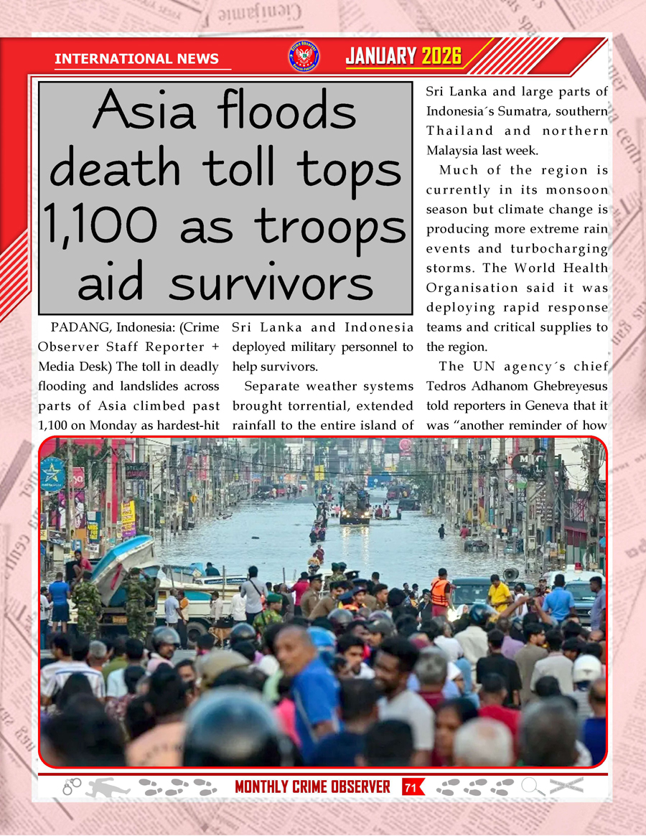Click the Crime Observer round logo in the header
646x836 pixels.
click(x=304, y=57)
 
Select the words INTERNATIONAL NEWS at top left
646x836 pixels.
click(x=136, y=59)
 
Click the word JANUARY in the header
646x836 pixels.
click(x=381, y=57)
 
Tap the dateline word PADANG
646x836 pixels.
click(x=78, y=328)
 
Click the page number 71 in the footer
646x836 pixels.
click(x=411, y=787)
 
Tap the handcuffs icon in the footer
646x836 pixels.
click(x=72, y=786)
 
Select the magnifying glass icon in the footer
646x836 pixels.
click(x=533, y=786)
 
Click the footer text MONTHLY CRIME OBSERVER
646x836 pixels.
click(x=312, y=787)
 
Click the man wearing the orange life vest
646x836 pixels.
click(x=440, y=591)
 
